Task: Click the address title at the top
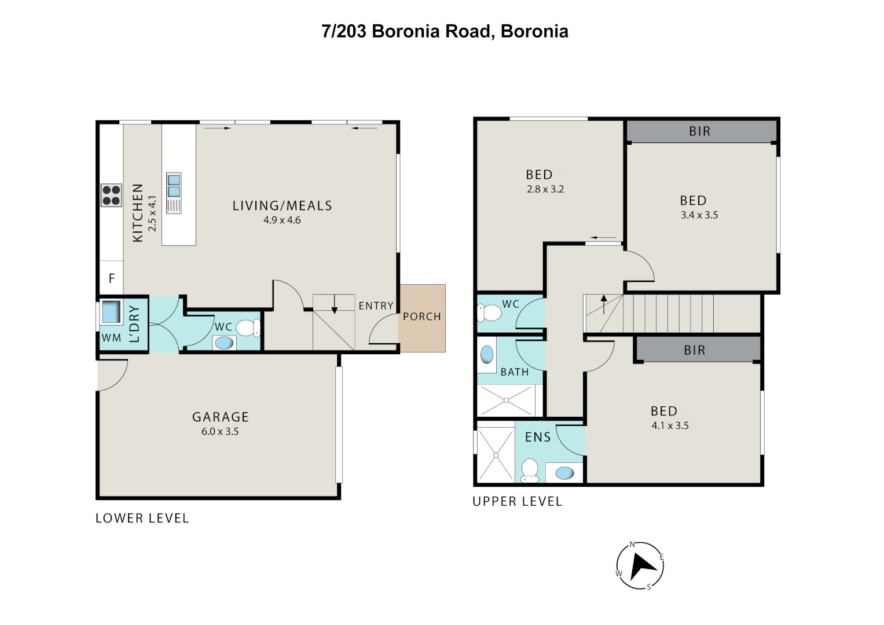tap(445, 31)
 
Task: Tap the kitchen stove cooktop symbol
tap(111, 196)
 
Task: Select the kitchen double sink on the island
tap(174, 186)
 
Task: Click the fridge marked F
tap(112, 278)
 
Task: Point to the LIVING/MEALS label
tap(282, 206)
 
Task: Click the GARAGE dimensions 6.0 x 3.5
tap(220, 432)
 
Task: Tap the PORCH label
tap(422, 317)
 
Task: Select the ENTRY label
tap(376, 306)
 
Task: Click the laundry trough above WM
tap(111, 312)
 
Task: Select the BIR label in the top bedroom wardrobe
tap(699, 131)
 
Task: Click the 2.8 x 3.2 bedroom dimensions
tap(545, 189)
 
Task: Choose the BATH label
tap(514, 372)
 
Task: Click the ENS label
tap(538, 437)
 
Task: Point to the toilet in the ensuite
tap(530, 469)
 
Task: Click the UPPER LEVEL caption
tap(517, 502)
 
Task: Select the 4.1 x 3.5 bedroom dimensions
tap(670, 426)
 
